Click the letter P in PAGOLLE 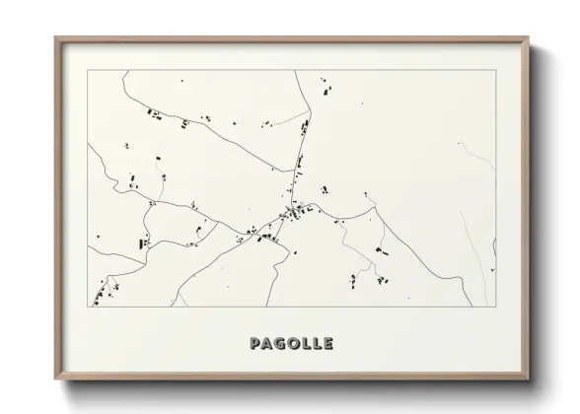(x=256, y=344)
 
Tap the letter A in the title (x=268, y=344)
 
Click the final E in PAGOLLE (x=327, y=344)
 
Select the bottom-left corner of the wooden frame (x=55, y=379)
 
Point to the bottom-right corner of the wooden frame (x=530, y=379)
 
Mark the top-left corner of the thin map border (x=89, y=71)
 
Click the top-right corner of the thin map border (x=496, y=71)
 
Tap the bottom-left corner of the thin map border (x=89, y=307)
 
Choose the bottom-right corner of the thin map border (x=496, y=307)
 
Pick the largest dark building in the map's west (x=144, y=241)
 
